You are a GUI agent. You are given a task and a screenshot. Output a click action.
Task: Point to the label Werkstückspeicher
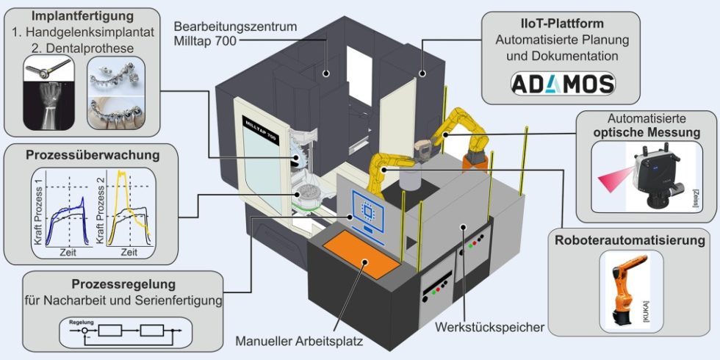click(490, 325)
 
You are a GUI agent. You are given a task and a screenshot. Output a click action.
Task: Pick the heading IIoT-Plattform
click(563, 23)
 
